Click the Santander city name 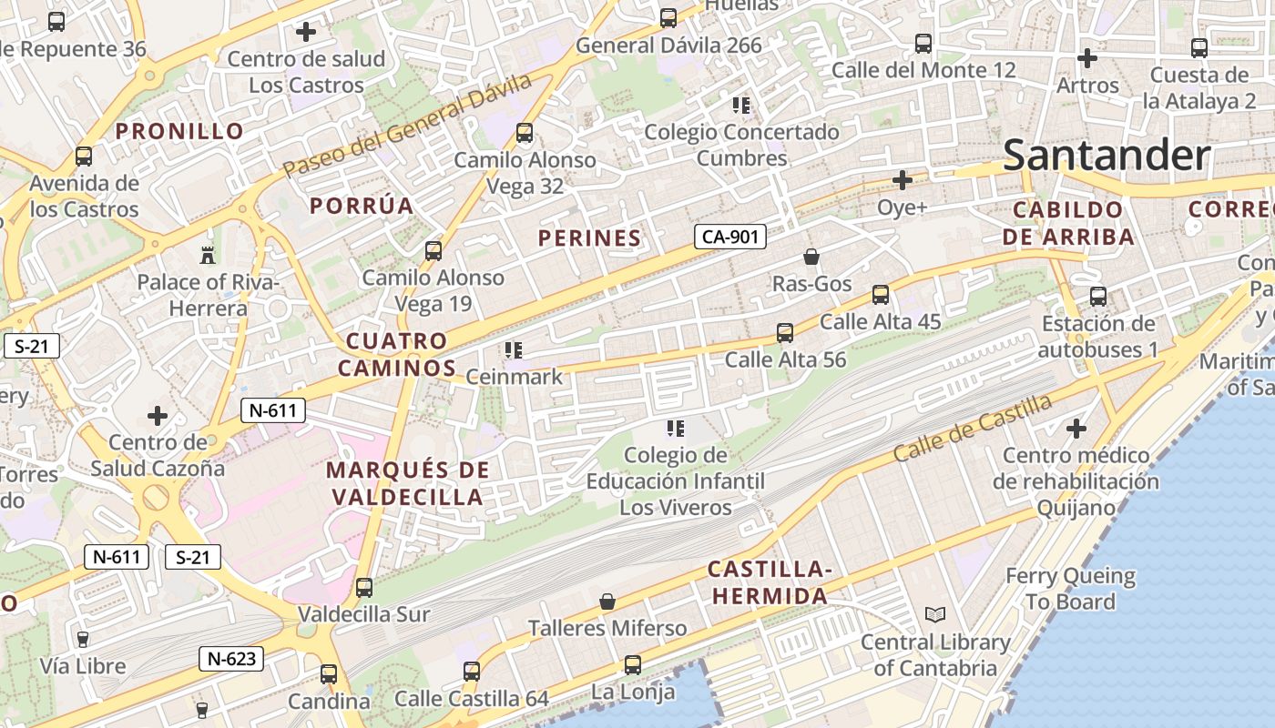1107,156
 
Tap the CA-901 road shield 729,238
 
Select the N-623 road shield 230,659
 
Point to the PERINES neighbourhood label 589,238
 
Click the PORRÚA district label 362,206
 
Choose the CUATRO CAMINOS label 401,355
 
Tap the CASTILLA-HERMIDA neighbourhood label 770,583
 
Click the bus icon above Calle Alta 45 880,295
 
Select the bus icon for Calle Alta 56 785,333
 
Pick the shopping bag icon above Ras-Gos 811,258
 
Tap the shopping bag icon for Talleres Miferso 607,602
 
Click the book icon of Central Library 934,615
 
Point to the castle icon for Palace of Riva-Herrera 207,254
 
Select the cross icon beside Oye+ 902,180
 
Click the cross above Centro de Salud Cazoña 158,416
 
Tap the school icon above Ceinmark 513,349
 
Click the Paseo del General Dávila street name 407,126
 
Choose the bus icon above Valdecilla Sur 364,588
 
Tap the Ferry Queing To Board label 1070,589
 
